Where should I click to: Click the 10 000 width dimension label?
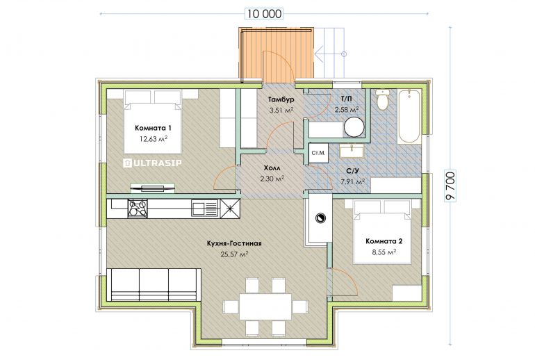(x=265, y=14)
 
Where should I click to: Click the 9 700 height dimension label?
(x=450, y=187)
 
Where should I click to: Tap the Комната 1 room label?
(x=153, y=128)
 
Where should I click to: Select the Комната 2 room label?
(x=384, y=241)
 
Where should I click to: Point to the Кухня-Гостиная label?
(x=234, y=244)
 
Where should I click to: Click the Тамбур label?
(x=281, y=99)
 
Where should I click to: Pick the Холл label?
(x=272, y=168)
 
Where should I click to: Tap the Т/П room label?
(x=346, y=99)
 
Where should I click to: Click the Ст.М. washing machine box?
(x=318, y=152)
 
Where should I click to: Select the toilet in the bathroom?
(x=382, y=99)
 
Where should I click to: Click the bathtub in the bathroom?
(x=409, y=116)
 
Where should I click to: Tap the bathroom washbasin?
(x=352, y=151)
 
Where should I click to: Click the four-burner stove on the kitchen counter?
(x=138, y=208)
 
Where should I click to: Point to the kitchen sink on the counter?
(x=205, y=208)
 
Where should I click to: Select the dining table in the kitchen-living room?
(x=265, y=306)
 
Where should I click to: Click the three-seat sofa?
(x=154, y=284)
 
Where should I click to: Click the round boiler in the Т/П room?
(x=354, y=127)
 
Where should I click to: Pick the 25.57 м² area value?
(x=234, y=254)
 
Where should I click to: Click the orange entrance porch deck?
(x=276, y=55)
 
